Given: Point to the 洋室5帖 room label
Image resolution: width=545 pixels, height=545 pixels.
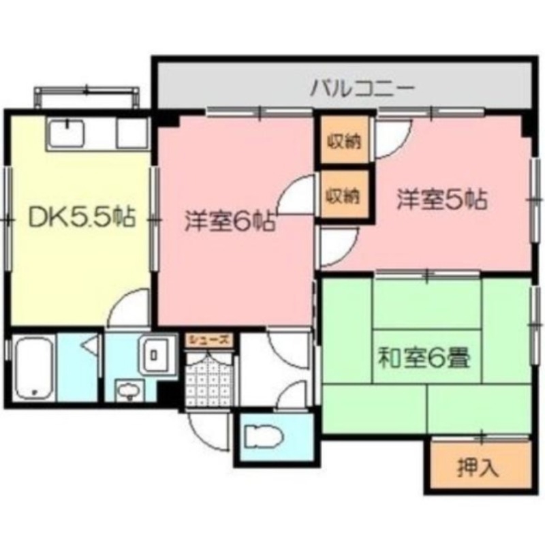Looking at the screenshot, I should pyautogui.click(x=442, y=200).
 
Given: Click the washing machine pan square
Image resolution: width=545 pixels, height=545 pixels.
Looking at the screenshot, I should pyautogui.click(x=155, y=354).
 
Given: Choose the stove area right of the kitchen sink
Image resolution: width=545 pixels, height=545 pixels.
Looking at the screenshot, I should pyautogui.click(x=131, y=133).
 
